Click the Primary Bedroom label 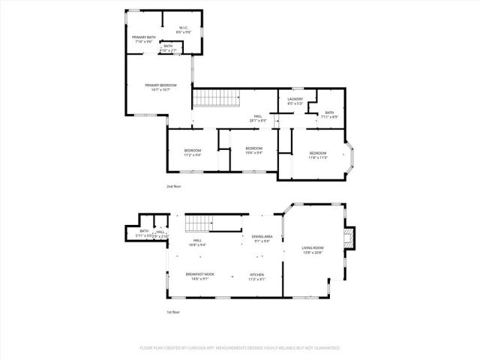(160, 87)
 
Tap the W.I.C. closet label (184, 31)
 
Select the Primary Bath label (144, 39)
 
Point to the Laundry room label (295, 101)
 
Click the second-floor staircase (215, 98)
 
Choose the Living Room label (312, 249)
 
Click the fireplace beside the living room (347, 238)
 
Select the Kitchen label (257, 276)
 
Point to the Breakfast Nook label (200, 276)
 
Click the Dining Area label (262, 238)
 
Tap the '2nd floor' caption (174, 186)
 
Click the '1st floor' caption (173, 312)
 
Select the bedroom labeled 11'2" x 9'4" (193, 152)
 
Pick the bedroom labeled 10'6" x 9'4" (254, 150)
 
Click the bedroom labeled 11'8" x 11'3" (318, 154)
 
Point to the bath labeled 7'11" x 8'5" (330, 114)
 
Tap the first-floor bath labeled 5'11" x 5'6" (144, 233)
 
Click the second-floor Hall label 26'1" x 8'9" (258, 118)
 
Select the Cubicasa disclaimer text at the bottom (240, 348)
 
